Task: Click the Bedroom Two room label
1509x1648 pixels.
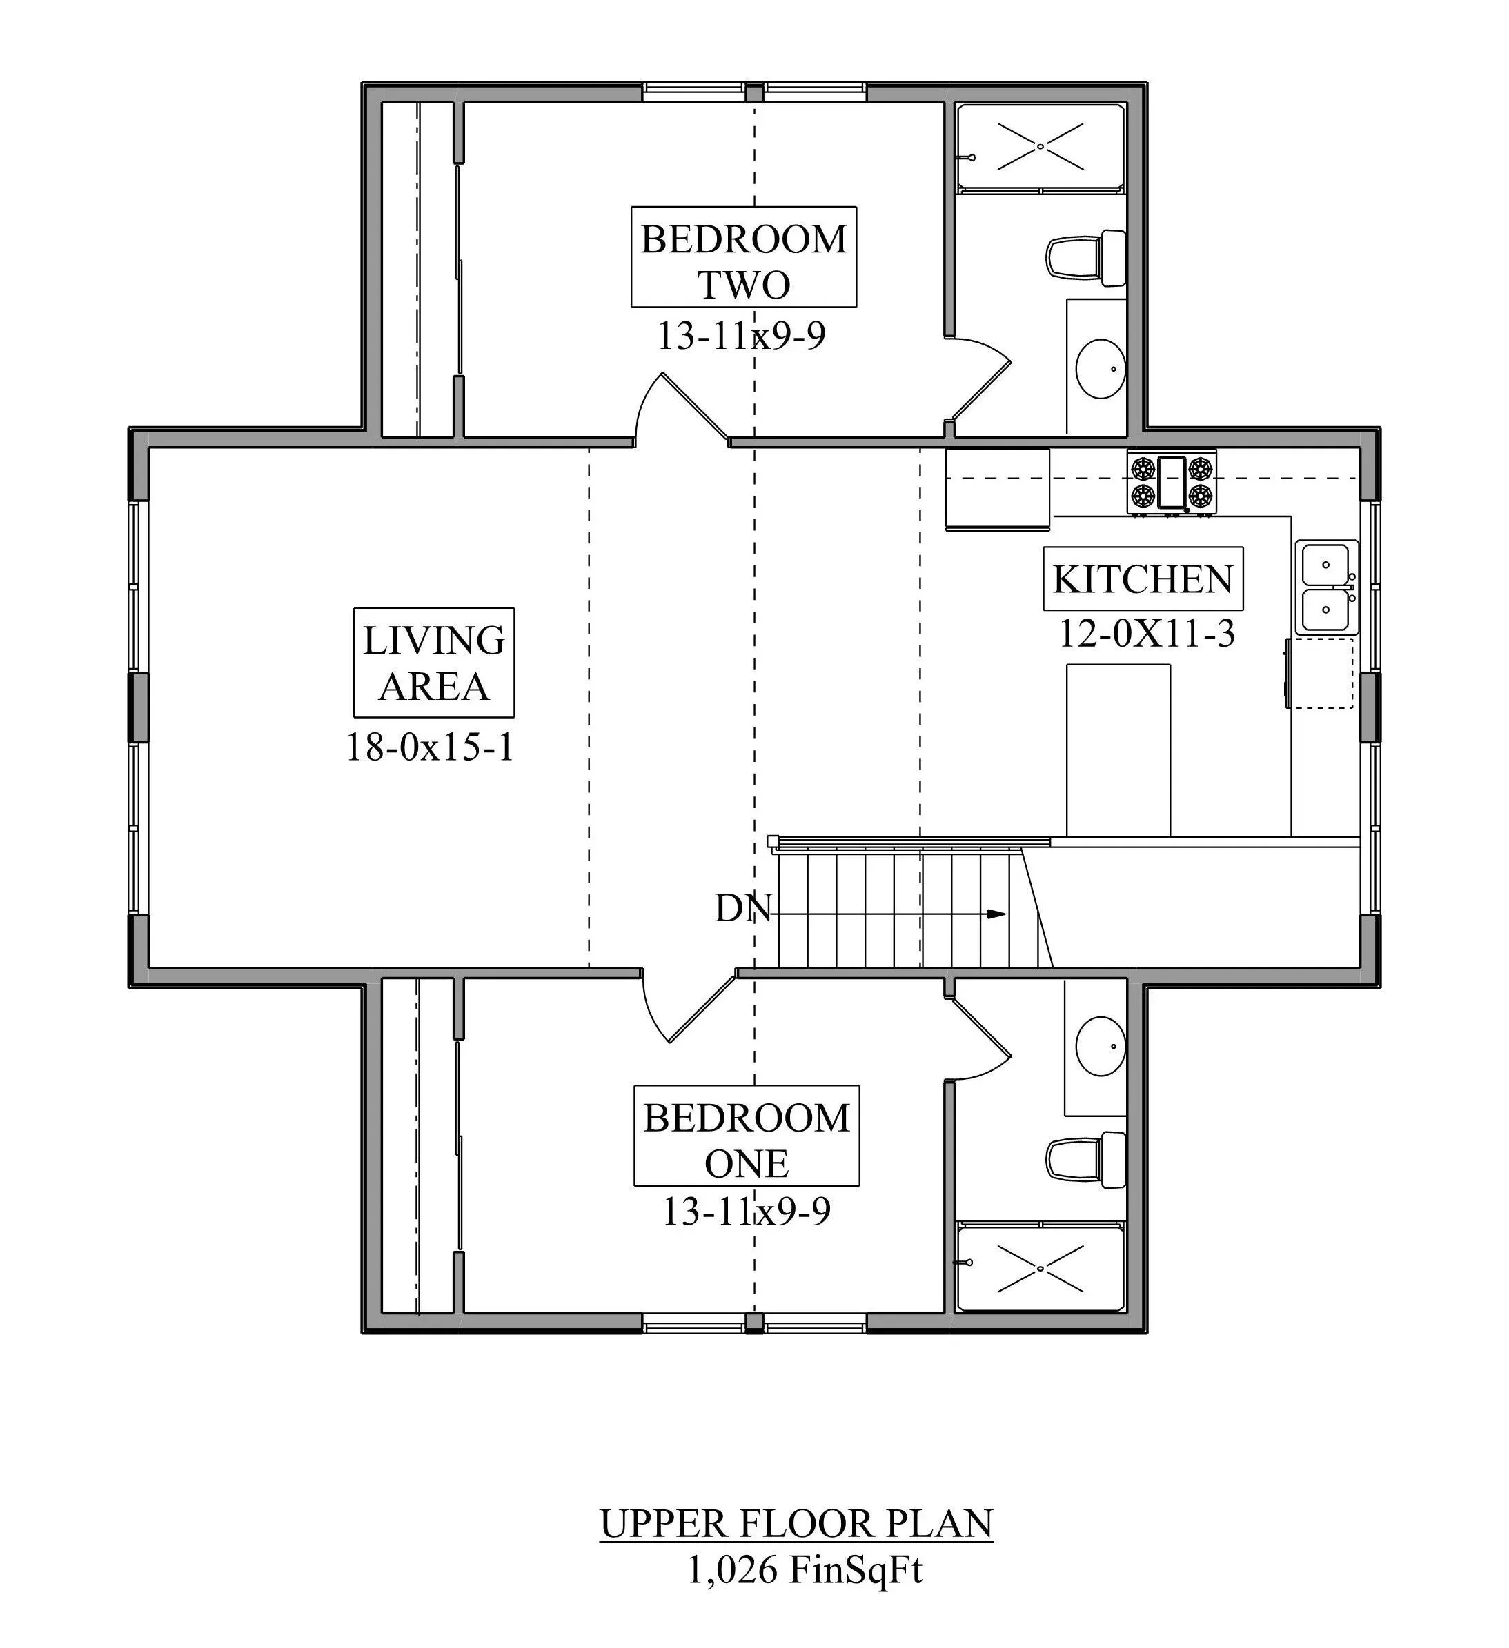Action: pyautogui.click(x=743, y=257)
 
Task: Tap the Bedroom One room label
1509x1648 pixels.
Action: pyautogui.click(x=747, y=1136)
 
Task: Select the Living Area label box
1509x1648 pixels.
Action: pyautogui.click(x=434, y=662)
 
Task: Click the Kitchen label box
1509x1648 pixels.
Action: pyautogui.click(x=1143, y=579)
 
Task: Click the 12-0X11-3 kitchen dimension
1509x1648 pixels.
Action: pyautogui.click(x=1147, y=633)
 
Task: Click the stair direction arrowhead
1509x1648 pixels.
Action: pyautogui.click(x=996, y=914)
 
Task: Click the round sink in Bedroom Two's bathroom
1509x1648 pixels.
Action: pyautogui.click(x=1100, y=370)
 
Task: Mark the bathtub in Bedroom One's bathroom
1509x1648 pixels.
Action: pyautogui.click(x=1040, y=1268)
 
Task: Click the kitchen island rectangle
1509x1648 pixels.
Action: pyautogui.click(x=1118, y=750)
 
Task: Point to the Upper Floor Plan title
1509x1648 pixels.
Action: pyautogui.click(x=797, y=1524)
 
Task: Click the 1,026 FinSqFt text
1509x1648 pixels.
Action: pyautogui.click(x=805, y=1569)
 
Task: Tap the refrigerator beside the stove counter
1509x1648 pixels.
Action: pyautogui.click(x=998, y=489)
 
